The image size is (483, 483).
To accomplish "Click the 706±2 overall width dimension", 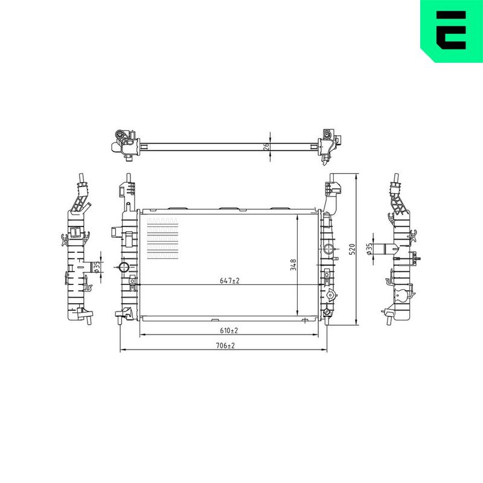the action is pyautogui.click(x=225, y=345).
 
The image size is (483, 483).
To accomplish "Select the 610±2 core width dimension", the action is pyautogui.click(x=229, y=330).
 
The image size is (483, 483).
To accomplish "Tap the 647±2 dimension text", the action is pyautogui.click(x=230, y=281).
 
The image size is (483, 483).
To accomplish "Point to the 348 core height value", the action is pyautogui.click(x=293, y=265).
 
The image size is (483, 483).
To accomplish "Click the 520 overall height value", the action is pyautogui.click(x=352, y=249).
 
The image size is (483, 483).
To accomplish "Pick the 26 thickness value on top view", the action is pyautogui.click(x=267, y=146).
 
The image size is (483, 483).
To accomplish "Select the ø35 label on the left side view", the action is pyautogui.click(x=97, y=267).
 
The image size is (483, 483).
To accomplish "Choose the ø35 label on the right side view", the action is pyautogui.click(x=369, y=249).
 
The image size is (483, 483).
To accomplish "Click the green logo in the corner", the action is pyautogui.click(x=452, y=31).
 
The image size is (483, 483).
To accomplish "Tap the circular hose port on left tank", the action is pyautogui.click(x=124, y=267).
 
